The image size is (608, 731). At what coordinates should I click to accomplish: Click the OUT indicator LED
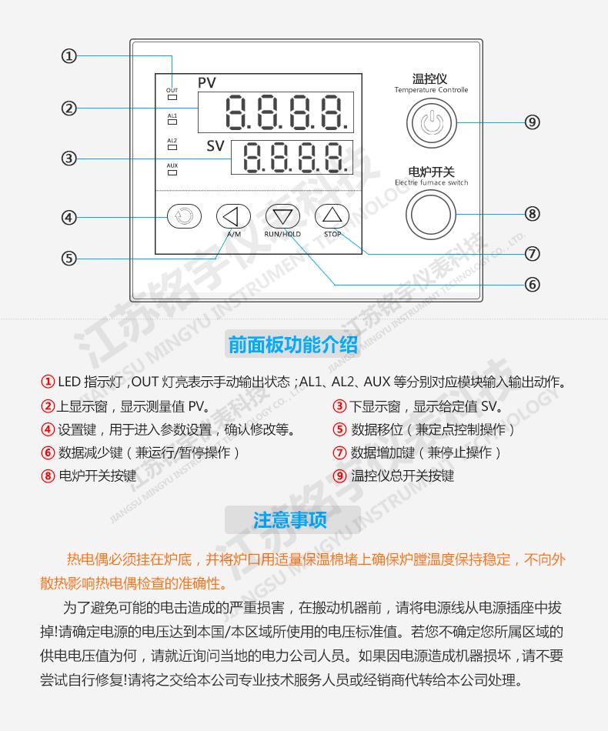[x=172, y=98]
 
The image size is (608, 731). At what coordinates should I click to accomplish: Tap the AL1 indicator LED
[x=172, y=122]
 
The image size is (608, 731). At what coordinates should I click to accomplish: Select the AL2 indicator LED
[x=172, y=147]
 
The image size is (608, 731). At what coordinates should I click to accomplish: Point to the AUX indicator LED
[x=172, y=172]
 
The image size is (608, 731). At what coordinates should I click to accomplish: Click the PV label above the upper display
[x=206, y=82]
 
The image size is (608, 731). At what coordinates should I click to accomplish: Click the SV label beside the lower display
[x=215, y=146]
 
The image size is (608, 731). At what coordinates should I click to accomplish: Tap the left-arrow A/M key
[x=233, y=216]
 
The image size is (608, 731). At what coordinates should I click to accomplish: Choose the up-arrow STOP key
[x=332, y=215]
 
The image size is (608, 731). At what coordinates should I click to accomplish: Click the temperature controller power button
[x=431, y=123]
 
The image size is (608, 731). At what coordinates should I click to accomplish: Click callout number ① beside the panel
[x=69, y=56]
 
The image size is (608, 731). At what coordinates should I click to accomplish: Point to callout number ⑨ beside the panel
[x=532, y=122]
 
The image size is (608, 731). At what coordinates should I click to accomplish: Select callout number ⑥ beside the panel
[x=532, y=285]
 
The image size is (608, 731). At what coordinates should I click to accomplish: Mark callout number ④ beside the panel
[x=69, y=217]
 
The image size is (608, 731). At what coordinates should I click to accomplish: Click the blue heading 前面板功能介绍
[x=292, y=345]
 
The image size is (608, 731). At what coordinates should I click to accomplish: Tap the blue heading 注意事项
[x=290, y=520]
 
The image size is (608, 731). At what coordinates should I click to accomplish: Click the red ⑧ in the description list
[x=48, y=476]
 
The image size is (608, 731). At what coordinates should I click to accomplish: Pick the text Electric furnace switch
[x=431, y=182]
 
